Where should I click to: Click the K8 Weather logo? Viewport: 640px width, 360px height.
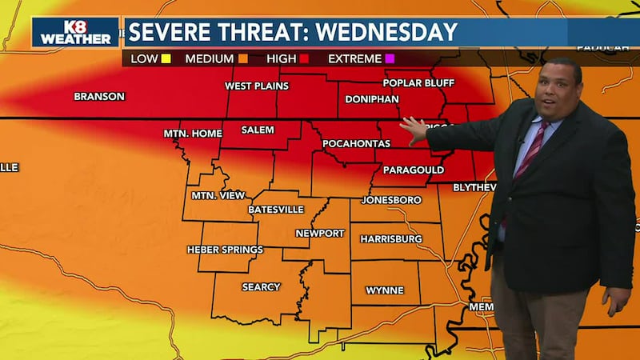75,32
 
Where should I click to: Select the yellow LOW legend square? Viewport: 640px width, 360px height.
166,58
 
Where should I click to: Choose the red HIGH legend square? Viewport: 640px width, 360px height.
304,58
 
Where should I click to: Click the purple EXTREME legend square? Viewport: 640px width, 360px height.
390,58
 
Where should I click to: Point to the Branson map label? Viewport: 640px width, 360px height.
99,97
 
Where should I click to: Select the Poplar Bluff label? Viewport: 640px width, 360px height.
413,83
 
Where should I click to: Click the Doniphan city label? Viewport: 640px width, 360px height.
371,99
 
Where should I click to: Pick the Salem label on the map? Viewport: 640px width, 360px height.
258,130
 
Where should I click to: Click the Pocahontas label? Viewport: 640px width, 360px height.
356,144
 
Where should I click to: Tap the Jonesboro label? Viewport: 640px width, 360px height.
391,199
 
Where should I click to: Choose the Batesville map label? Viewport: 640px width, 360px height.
276,210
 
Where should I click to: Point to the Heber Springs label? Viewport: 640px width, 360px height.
225,250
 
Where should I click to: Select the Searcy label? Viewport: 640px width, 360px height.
261,287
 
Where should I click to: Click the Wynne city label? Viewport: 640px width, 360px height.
385,290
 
